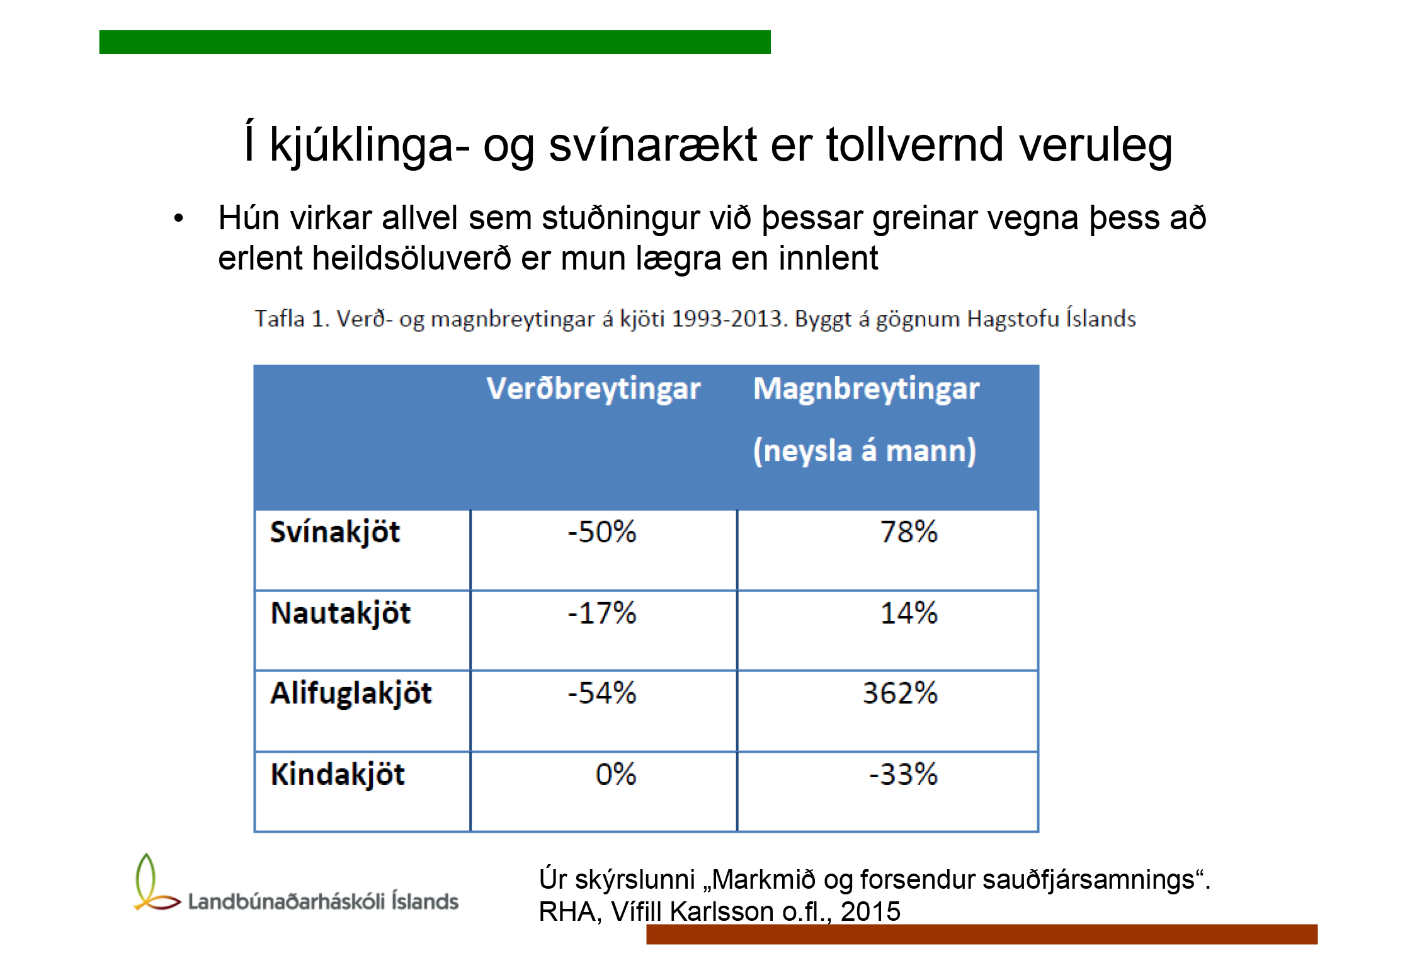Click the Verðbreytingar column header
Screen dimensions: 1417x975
593,389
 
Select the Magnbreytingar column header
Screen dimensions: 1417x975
866,389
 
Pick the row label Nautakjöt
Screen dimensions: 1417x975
340,614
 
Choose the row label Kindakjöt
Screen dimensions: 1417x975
338,775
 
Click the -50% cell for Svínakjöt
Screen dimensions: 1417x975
602,532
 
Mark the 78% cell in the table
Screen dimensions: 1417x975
909,532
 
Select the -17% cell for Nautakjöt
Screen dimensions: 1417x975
602,613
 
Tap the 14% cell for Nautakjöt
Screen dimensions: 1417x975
909,613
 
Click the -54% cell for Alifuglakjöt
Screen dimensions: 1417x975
602,693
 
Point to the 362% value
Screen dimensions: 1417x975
900,693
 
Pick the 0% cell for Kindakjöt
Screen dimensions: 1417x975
616,774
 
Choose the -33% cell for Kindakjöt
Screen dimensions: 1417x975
904,774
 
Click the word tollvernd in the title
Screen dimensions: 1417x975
915,145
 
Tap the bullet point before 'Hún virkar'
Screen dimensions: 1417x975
179,219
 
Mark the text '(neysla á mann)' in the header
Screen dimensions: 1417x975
865,451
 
